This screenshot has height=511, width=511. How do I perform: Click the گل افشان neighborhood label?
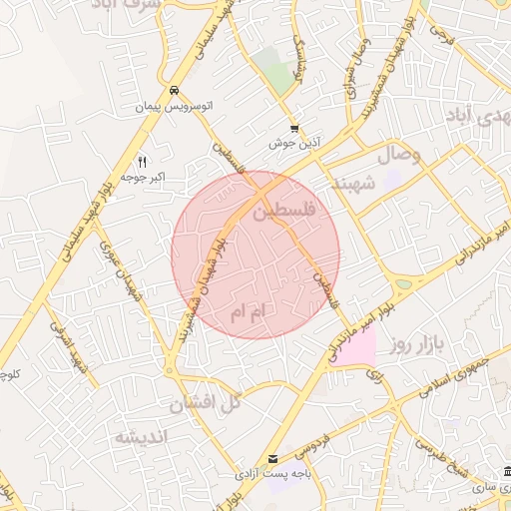(207, 403)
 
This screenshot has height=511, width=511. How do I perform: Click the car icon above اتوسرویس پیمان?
(174, 89)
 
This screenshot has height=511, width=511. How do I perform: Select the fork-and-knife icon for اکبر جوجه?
(142, 162)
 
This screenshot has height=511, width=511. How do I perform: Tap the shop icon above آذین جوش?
(293, 129)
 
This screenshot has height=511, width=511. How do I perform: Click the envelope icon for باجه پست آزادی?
(272, 460)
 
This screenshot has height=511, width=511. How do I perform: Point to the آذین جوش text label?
(293, 144)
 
